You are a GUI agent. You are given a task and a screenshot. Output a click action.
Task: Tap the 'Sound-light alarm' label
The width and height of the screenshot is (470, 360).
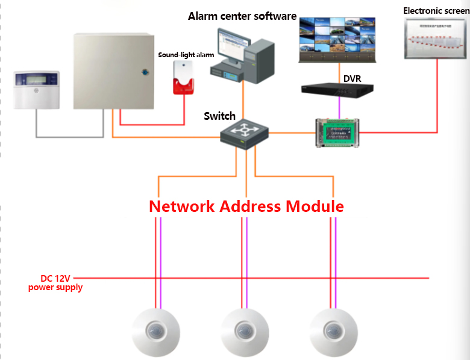pyautogui.click(x=186, y=55)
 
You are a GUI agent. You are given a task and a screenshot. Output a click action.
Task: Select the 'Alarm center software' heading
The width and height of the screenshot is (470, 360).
pyautogui.click(x=242, y=16)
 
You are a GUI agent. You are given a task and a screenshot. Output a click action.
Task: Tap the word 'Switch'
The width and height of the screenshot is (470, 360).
pyautogui.click(x=220, y=116)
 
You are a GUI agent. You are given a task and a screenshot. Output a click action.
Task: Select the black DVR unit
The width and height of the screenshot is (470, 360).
pyautogui.click(x=338, y=89)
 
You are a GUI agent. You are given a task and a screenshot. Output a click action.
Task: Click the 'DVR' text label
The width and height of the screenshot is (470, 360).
pyautogui.click(x=352, y=78)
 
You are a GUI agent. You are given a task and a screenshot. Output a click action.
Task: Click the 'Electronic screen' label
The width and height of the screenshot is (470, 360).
pyautogui.click(x=436, y=11)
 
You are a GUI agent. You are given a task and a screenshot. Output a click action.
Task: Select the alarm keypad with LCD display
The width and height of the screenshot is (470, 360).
pyautogui.click(x=37, y=90)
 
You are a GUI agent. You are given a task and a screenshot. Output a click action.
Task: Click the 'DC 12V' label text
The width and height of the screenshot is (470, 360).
pyautogui.click(x=55, y=278)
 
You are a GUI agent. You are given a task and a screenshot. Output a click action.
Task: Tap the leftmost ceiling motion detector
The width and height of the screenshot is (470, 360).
pyautogui.click(x=157, y=333)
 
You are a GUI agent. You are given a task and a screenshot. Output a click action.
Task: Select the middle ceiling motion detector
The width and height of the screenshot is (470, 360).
pyautogui.click(x=244, y=333)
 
